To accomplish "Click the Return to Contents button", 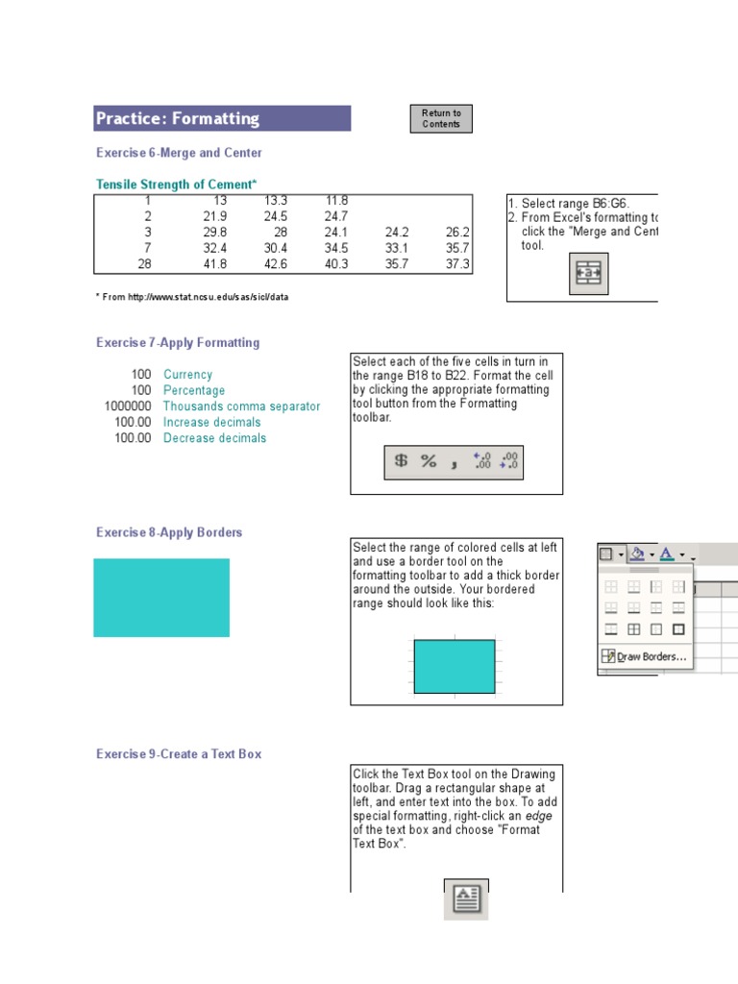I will coord(441,118).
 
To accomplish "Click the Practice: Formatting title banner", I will coord(222,118).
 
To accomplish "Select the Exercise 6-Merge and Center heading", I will coord(179,153).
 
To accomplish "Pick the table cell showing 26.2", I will coord(457,233).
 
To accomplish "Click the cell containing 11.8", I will coord(335,201).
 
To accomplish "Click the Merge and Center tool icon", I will coord(587,274).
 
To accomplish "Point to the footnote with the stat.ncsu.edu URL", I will coord(192,297).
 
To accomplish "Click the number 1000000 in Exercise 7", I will coord(128,406).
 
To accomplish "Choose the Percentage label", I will coord(194,391).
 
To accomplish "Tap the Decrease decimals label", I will coord(214,438).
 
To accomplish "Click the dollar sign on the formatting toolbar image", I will coord(401,461).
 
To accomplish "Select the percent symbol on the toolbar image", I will coord(429,461).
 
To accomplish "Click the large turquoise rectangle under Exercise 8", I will coord(161,598).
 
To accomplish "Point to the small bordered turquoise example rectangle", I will coord(454,666).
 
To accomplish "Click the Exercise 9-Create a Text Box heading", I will coord(179,754).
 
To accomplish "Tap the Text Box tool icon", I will coord(466,898).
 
